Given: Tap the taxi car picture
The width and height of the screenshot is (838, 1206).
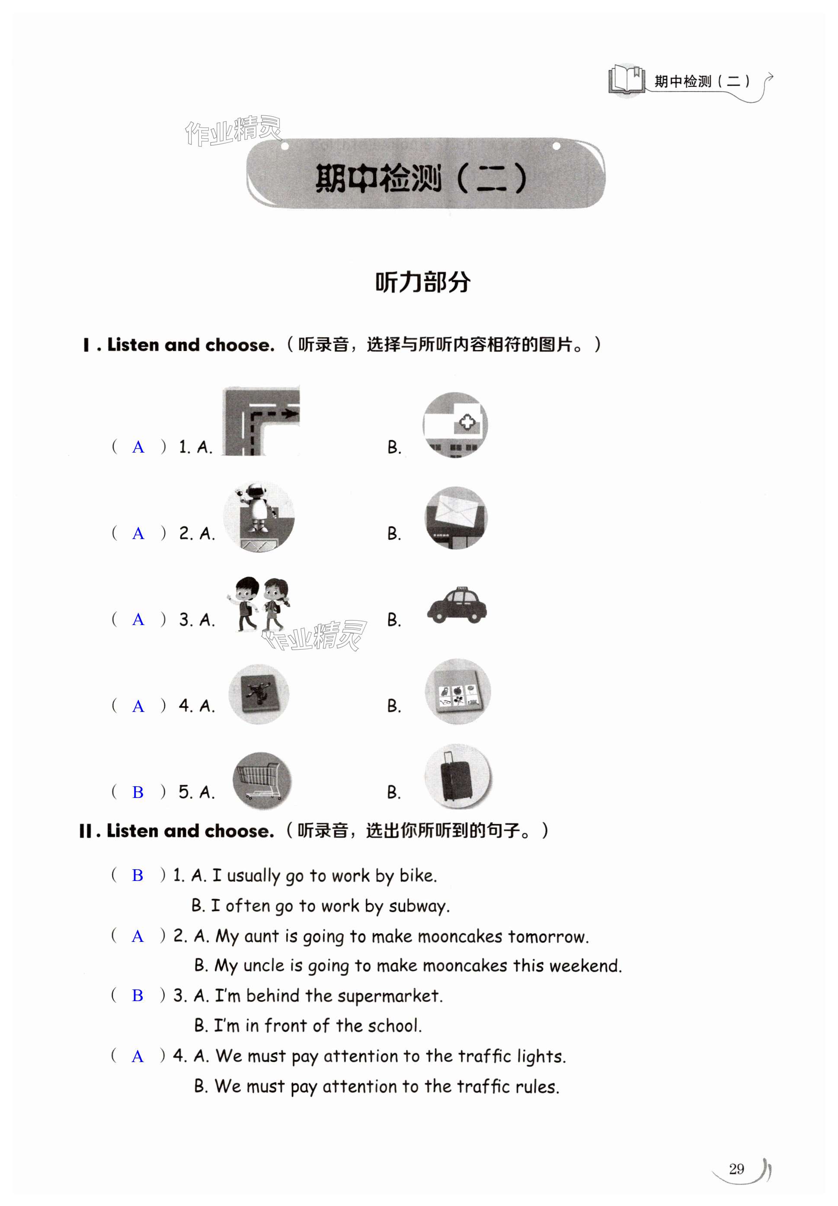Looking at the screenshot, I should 456,606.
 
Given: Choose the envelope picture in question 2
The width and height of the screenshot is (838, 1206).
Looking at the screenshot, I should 456,517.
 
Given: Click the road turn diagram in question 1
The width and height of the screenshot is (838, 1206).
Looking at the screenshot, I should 260,421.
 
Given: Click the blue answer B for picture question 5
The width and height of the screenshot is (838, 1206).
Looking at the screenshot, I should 138,792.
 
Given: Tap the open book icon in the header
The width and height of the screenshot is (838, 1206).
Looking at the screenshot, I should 627,80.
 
